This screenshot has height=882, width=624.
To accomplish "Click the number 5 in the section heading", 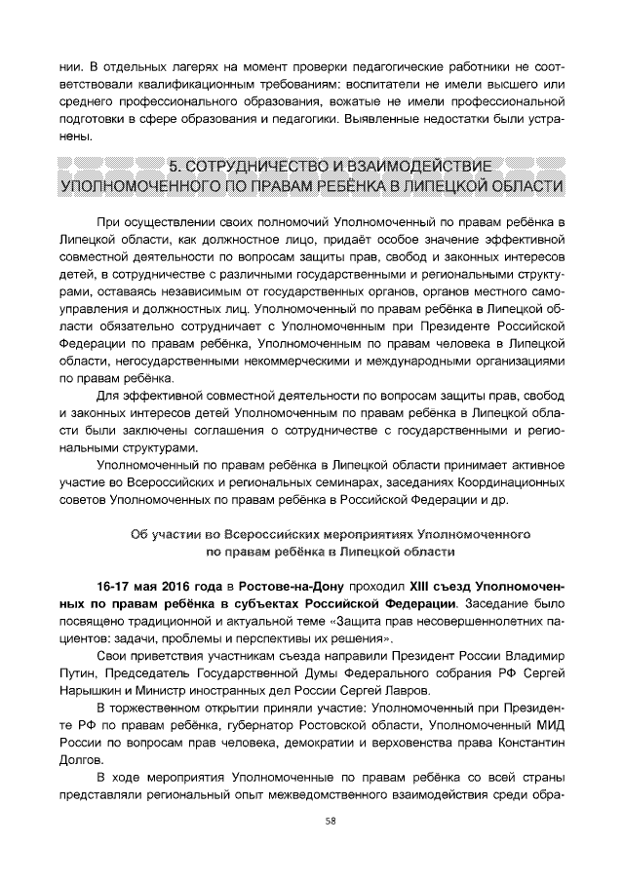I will tap(175, 164).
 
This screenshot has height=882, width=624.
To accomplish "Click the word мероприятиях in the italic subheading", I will tap(365, 534).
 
